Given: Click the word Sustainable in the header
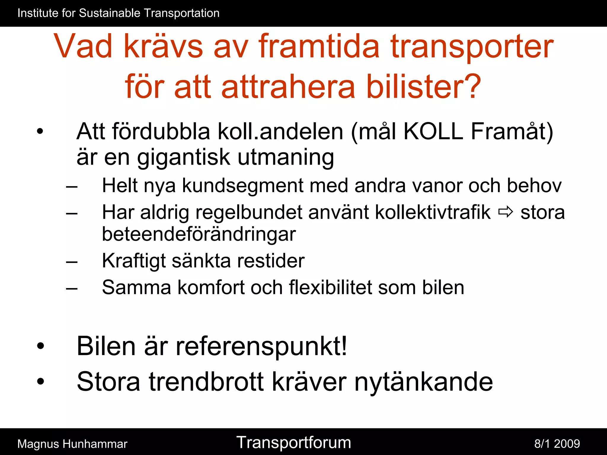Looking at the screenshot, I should tap(110, 13).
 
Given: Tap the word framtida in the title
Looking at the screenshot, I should tap(319, 46).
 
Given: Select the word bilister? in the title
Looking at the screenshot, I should tap(424, 86).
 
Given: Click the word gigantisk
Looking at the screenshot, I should tap(183, 157).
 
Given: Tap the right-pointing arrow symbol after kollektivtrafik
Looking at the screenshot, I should tap(505, 212).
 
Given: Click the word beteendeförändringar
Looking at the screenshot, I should tap(199, 234).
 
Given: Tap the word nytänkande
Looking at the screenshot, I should tap(424, 382).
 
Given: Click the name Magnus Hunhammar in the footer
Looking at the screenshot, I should tap(72, 444).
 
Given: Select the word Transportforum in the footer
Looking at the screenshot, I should tap(293, 443).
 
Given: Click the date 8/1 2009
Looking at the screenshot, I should tap(557, 444).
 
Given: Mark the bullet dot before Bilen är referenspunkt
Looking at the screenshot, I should tap(40, 346).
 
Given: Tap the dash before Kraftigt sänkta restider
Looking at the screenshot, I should tap(72, 262).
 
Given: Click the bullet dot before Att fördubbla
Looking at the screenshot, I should tap(40, 131).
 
